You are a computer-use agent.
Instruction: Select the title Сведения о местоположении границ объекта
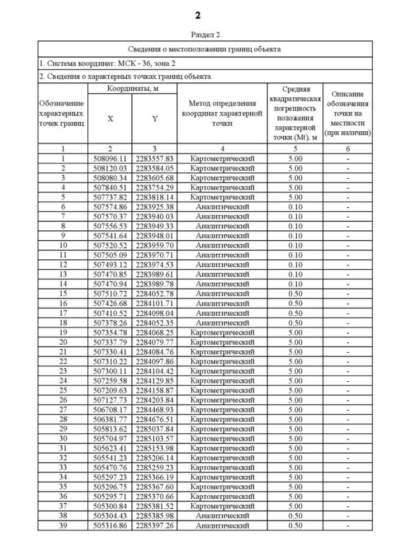click(205, 49)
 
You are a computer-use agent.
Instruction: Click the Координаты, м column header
click(132, 90)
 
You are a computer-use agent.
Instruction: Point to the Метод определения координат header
click(222, 114)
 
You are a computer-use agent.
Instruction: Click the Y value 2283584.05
click(155, 168)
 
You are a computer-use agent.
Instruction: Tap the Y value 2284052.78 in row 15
click(155, 293)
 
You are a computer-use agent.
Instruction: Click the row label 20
click(62, 342)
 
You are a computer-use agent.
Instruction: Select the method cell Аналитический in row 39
click(222, 525)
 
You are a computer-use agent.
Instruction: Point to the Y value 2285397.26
click(155, 525)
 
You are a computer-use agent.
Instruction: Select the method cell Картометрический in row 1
click(222, 158)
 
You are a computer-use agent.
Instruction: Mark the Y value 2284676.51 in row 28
click(155, 419)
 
